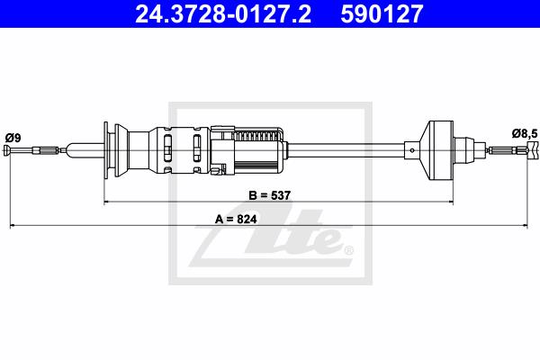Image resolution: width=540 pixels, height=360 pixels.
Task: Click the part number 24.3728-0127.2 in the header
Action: pyautogui.click(x=223, y=13)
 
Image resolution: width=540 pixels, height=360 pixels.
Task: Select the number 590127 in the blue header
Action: pyautogui.click(x=382, y=13)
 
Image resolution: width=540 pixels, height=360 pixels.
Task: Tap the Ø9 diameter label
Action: pyautogui.click(x=13, y=138)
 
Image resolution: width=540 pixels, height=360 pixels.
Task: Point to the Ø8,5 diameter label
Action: pyautogui.click(x=525, y=133)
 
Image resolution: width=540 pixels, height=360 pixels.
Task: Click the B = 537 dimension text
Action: pyautogui.click(x=270, y=195)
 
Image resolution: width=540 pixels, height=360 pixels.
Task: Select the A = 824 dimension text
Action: pyautogui.click(x=236, y=219)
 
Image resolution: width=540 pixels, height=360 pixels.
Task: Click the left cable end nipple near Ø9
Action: pyautogui.click(x=7, y=150)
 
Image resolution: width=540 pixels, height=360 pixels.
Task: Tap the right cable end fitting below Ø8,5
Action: pyautogui.click(x=532, y=150)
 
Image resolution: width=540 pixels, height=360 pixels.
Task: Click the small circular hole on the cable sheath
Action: pyautogui.click(x=412, y=150)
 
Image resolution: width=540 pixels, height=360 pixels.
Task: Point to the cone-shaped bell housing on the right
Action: pyautogui.click(x=436, y=150)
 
